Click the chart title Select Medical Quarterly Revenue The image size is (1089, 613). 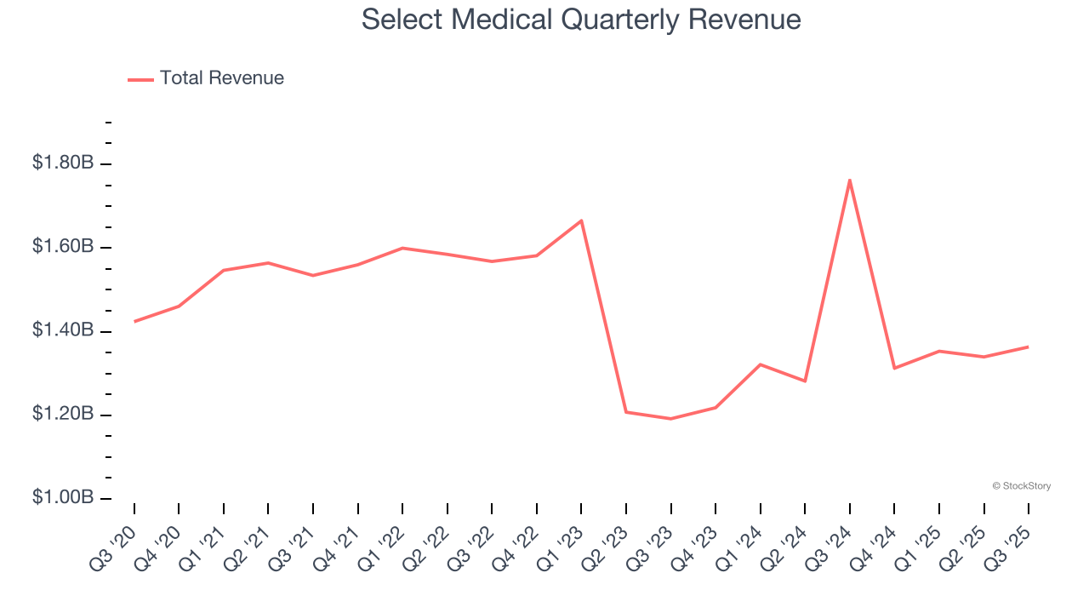coord(581,19)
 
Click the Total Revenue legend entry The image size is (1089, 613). coord(206,78)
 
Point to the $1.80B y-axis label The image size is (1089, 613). coord(63,163)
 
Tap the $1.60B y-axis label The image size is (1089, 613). coord(63,247)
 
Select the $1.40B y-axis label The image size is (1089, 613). coord(63,330)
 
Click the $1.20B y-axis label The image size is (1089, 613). coord(63,415)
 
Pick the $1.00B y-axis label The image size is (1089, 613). coord(63,498)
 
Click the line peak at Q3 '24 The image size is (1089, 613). coord(850,180)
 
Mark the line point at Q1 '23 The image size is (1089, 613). coord(581,221)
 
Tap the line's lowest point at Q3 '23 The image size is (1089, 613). coord(670,419)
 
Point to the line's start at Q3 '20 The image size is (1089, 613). coord(134,322)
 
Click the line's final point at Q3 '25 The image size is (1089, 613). coord(1029,347)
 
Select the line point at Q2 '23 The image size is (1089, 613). coord(626,412)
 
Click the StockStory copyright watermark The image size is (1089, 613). coord(1021,486)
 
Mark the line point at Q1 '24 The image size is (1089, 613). coord(760,364)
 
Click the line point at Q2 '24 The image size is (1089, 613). coord(805,381)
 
